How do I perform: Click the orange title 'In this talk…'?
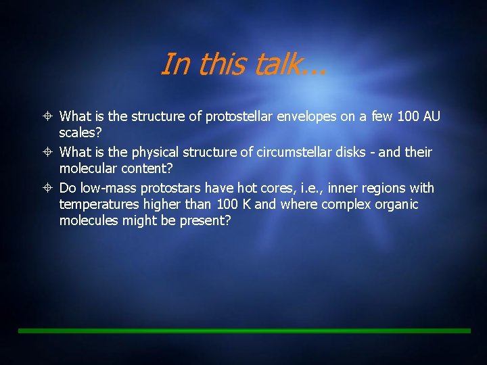point(243,65)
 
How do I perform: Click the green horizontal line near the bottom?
point(243,331)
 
